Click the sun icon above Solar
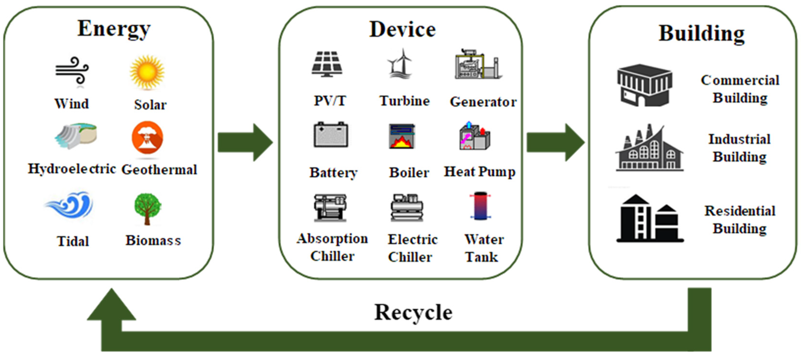pos(147,72)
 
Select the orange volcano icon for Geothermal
pos(147,138)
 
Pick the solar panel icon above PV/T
pos(327,64)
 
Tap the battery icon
pos(331,135)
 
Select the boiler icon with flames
pos(402,136)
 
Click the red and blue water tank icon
pos(480,206)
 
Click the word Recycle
pos(413,312)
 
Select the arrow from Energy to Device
pos(245,143)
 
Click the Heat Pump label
pos(480,172)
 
